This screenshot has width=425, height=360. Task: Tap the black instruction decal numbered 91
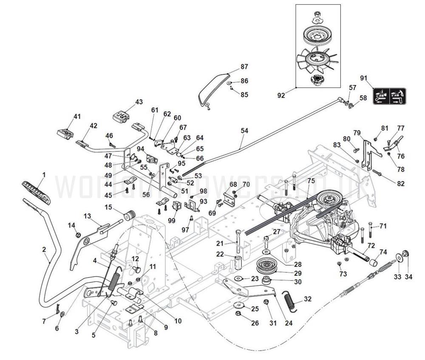tap(389, 96)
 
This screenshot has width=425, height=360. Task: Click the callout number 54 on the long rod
tap(244, 131)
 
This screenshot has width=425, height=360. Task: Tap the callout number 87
tap(244, 67)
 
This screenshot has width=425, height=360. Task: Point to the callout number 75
tap(311, 180)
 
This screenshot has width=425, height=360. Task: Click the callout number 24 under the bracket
tap(289, 323)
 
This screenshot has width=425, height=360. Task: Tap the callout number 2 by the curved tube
tap(44, 250)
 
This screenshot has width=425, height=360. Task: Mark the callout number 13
tap(88, 216)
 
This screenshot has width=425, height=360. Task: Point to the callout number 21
tap(219, 243)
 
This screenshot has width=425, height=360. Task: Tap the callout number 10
tap(178, 321)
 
